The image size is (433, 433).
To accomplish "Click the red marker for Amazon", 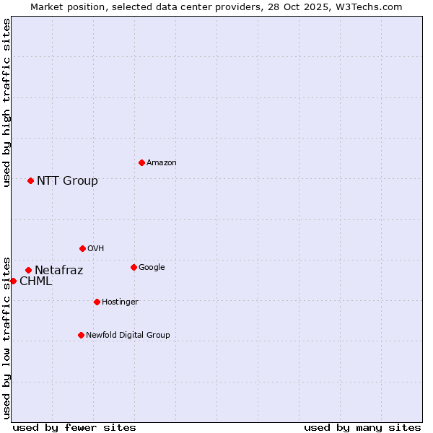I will point(141,162).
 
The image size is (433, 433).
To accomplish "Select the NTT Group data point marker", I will point(30,180).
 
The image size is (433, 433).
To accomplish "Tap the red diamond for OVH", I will point(82,248).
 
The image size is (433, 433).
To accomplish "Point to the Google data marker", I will point(134,267).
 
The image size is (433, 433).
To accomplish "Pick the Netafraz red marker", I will point(28,270).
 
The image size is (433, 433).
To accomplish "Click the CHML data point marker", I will point(13,281).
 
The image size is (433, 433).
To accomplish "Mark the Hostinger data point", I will point(97,302).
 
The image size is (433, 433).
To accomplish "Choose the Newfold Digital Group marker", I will point(81,335).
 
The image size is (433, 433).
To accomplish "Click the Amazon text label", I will point(162,163).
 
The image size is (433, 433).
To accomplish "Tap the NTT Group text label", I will point(67,181).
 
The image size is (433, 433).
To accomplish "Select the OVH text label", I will point(96,249).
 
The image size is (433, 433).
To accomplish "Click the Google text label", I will point(152,268).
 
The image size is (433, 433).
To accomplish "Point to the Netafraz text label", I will point(58,271).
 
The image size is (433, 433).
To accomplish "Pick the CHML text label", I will point(35,281).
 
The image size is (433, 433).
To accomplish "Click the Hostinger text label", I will point(120,302).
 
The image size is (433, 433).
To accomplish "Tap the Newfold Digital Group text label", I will point(128,336).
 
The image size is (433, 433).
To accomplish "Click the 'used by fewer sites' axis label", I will point(74,427).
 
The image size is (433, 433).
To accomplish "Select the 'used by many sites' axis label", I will point(362,427).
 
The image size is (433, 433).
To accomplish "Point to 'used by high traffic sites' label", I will point(6,102).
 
